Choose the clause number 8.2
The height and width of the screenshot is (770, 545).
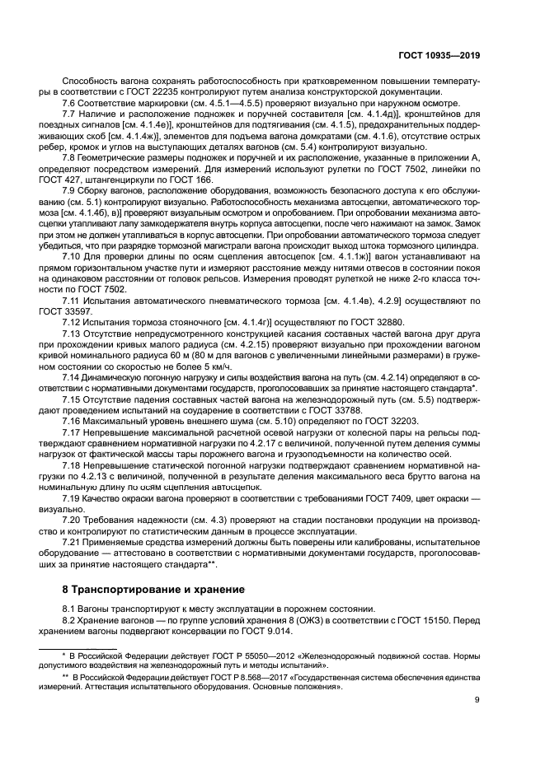coord(71,619)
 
